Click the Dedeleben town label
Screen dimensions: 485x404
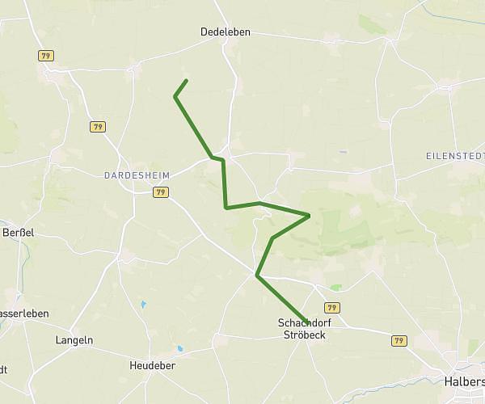click(226, 32)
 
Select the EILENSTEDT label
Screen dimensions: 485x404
click(455, 154)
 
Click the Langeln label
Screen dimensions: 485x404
click(74, 340)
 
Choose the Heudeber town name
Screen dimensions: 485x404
click(152, 365)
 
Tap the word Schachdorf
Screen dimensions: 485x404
click(302, 322)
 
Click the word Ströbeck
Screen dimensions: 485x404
click(302, 335)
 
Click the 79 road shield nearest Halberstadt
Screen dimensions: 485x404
click(399, 341)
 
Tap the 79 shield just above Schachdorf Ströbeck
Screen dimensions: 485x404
click(332, 307)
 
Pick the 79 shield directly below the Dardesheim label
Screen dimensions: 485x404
click(160, 192)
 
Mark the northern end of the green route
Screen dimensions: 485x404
click(187, 80)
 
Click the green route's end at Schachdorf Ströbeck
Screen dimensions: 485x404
click(306, 322)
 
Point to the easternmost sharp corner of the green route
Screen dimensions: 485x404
click(310, 215)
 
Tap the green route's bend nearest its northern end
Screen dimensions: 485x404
click(175, 97)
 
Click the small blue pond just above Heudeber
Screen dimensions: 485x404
click(179, 349)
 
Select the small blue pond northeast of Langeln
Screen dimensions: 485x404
click(143, 305)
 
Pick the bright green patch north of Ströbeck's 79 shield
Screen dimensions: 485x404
click(335, 287)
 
